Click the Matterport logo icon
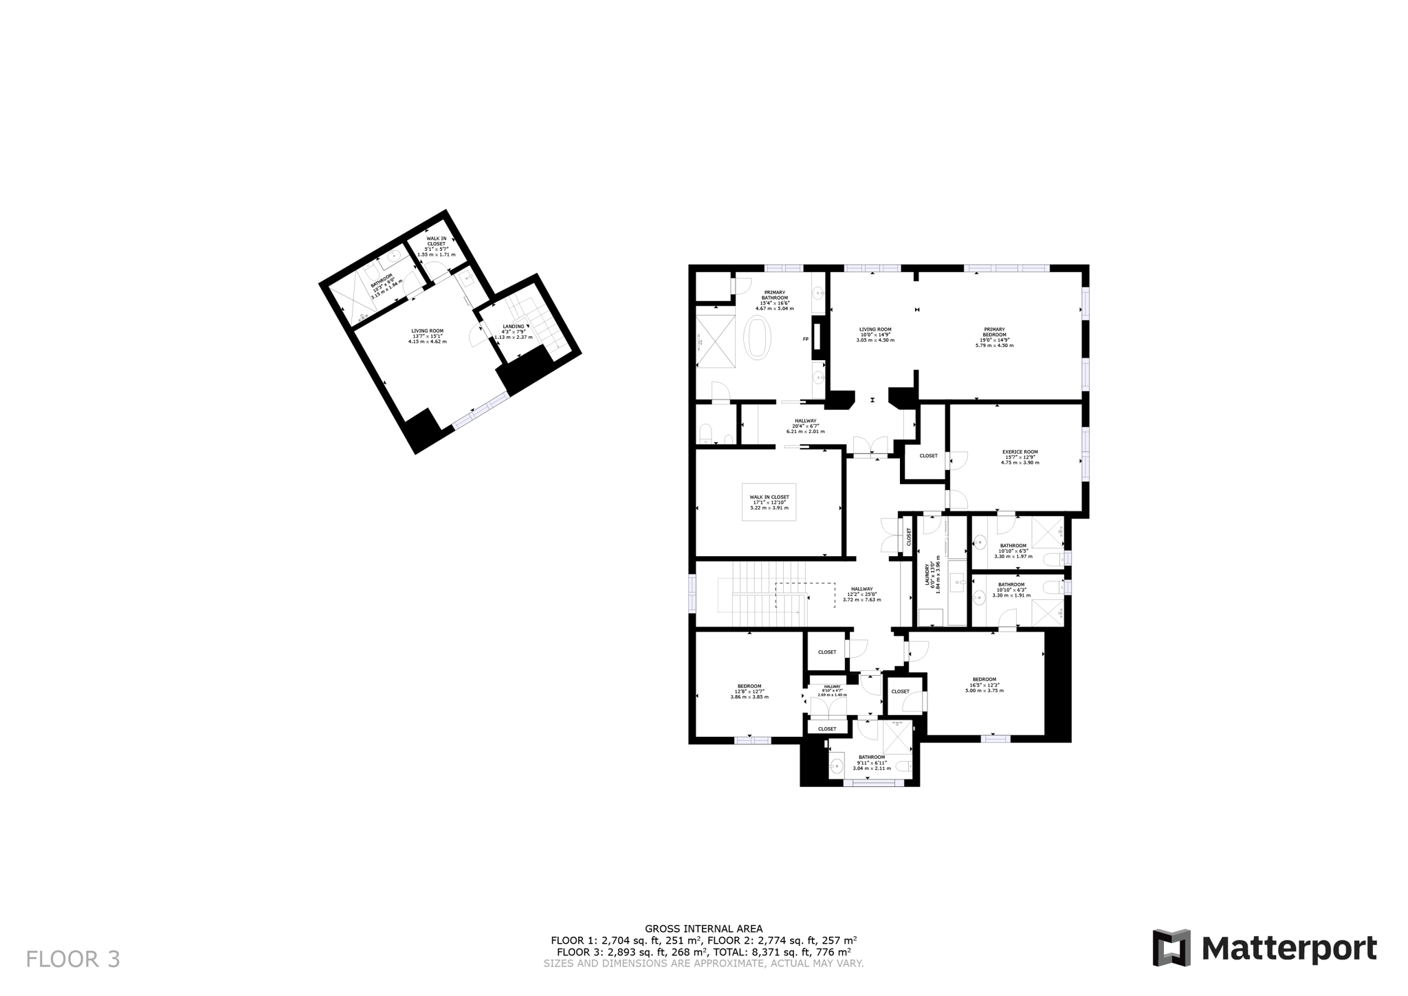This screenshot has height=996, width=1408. (x=1171, y=948)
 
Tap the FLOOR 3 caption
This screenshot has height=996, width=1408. (x=73, y=959)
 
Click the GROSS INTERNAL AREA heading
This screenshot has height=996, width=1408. (x=703, y=929)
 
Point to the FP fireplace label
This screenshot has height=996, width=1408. (x=806, y=339)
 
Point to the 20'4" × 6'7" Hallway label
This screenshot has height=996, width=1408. (x=805, y=426)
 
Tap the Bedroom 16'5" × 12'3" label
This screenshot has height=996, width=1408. (x=984, y=685)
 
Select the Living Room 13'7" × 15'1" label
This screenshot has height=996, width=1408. (x=428, y=335)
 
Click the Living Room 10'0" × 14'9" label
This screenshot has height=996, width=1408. (x=875, y=334)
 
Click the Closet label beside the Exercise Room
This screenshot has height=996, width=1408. (x=928, y=456)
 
